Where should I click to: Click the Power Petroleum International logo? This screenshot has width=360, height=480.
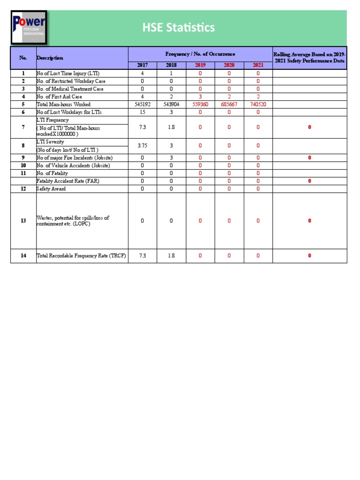point(29,28)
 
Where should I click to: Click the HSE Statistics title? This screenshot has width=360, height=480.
point(179,28)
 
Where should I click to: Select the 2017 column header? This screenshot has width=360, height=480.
point(142,65)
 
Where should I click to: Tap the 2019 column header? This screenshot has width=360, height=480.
point(200,65)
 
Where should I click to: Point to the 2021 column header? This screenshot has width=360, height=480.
point(258,65)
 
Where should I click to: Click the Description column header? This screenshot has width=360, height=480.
point(50,58)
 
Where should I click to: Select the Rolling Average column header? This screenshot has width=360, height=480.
point(309,58)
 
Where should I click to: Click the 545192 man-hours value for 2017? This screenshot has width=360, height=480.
point(142,105)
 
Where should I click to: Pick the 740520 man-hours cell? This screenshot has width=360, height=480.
point(258,105)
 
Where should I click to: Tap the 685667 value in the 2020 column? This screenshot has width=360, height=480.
point(229,105)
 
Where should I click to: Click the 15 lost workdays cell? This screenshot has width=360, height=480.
point(142,112)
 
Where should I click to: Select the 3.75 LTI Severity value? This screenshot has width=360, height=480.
point(142,146)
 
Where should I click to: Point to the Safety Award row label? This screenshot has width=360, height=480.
point(51,189)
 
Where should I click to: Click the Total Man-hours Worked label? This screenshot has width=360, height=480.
point(63,105)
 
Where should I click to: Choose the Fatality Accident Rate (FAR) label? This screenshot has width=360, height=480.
point(68,181)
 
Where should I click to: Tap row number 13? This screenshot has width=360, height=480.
point(23,221)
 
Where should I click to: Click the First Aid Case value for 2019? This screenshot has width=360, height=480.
point(200,97)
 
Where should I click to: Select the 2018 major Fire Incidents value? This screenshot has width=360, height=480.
point(171,158)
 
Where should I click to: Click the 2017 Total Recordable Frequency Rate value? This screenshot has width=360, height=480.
point(142,255)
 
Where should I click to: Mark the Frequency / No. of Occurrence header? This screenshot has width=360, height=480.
point(200,54)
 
